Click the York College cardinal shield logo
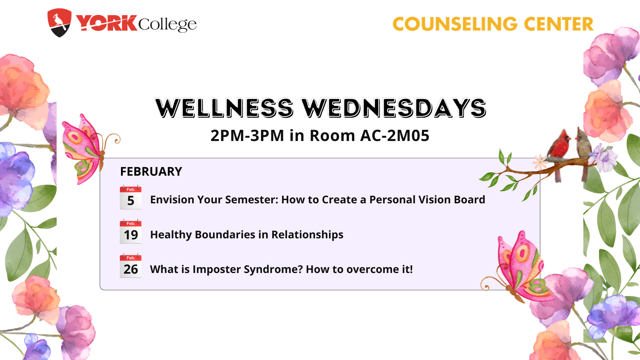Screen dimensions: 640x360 pyautogui.click(x=59, y=23)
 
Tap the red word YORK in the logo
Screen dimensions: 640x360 pyautogui.click(x=106, y=23)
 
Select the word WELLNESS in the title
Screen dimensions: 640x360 pyautogui.click(x=224, y=108)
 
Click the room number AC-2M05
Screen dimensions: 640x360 pyautogui.click(x=395, y=135)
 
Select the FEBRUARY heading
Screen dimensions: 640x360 pyautogui.click(x=151, y=171)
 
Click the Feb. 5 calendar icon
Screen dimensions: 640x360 pyautogui.click(x=131, y=197)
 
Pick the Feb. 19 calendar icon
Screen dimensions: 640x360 pyautogui.click(x=131, y=231)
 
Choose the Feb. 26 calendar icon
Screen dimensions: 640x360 pyautogui.click(x=131, y=266)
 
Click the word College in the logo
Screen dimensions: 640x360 pyautogui.click(x=167, y=24)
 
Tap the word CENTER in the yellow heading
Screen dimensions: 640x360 pyautogui.click(x=559, y=24)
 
